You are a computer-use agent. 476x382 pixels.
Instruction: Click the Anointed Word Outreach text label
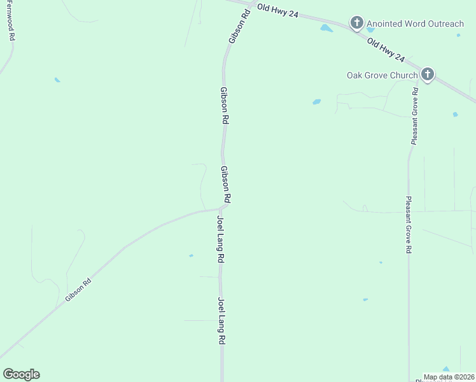pos(414,24)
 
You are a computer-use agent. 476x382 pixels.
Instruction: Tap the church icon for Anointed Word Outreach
pos(356,24)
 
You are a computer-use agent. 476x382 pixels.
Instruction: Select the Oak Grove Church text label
pos(382,75)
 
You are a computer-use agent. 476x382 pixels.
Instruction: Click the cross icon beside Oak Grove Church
pos(427,75)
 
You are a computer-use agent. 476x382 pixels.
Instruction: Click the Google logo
pos(21,374)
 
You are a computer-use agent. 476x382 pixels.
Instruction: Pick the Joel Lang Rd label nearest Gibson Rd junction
pos(221,240)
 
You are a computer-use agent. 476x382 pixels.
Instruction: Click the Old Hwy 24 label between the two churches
pos(386,49)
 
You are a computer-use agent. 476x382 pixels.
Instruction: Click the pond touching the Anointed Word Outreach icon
pos(370,29)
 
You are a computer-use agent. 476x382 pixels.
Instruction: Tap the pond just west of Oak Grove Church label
pos(316,102)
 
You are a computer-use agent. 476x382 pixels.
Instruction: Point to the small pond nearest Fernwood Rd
pos(57,80)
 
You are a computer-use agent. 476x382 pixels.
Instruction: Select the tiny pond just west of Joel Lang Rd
pos(191,256)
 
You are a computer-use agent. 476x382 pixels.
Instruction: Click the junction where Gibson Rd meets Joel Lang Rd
pos(220,208)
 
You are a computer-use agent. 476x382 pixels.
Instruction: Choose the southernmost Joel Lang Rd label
pos(221,321)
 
